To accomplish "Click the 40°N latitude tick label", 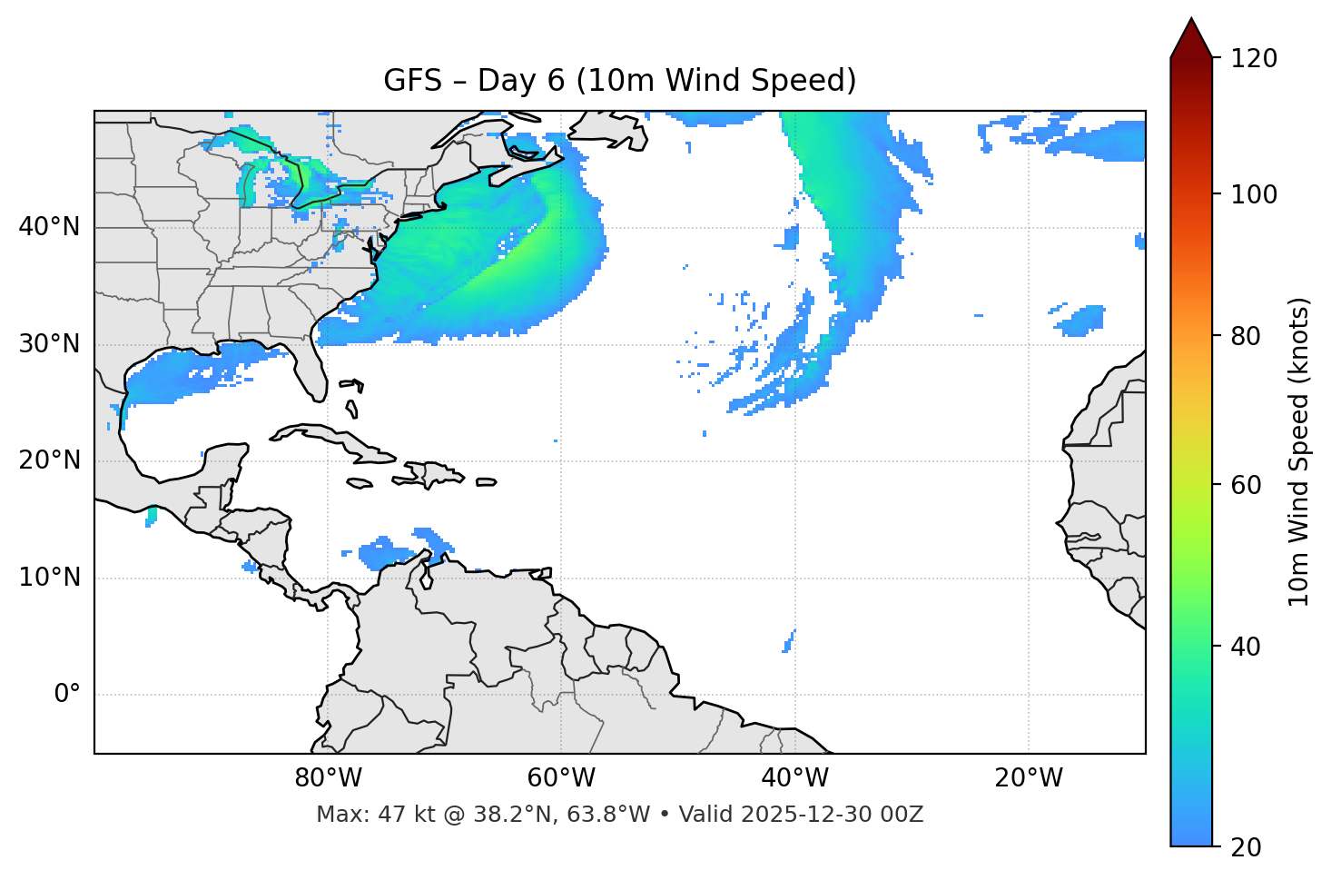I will tap(49, 227).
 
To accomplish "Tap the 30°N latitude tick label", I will tap(49, 344).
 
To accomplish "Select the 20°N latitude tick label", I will tap(49, 460).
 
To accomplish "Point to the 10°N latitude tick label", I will tap(49, 578).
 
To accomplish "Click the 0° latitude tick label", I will tap(67, 695).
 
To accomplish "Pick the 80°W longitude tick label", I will tap(328, 778).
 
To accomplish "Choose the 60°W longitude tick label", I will tap(561, 778).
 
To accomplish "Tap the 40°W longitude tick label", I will tap(794, 778).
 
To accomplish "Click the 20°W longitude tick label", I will tap(1029, 778).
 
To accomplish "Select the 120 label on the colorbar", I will tap(1254, 59).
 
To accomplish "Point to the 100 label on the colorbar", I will tap(1254, 194).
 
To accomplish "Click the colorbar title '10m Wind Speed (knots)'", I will tap(1299, 451).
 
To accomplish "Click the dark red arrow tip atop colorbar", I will tap(1191, 38).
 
